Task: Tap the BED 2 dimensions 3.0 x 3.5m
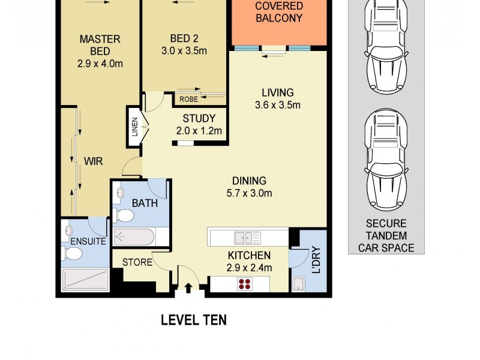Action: [x=184, y=51]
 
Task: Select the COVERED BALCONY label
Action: [x=279, y=12]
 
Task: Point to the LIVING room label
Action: [x=277, y=93]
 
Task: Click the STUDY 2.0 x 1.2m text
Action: [x=199, y=124]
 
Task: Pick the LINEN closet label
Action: [x=135, y=127]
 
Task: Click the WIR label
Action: [x=92, y=161]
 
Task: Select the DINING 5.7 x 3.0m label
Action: [x=249, y=187]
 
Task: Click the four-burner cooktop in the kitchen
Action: [x=245, y=284]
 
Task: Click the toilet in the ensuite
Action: [x=72, y=254]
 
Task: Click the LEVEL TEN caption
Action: [x=193, y=320]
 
